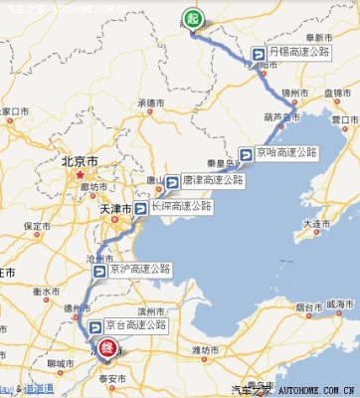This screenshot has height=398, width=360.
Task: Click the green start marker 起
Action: tap(191, 18)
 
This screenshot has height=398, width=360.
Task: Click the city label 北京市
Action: tap(78, 160)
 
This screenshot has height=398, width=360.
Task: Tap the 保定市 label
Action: tap(38, 226)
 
